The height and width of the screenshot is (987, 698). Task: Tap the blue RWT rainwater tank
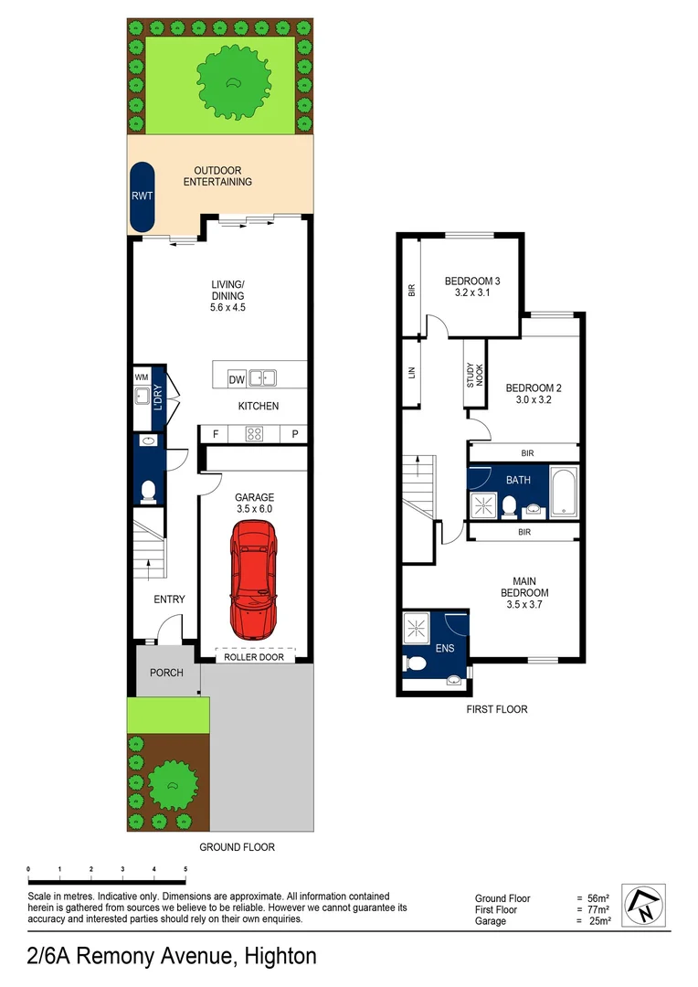click(142, 196)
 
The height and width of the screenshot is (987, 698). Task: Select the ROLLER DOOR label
click(253, 657)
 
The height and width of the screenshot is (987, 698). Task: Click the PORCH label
click(166, 673)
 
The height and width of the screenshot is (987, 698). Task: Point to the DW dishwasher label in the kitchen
click(236, 379)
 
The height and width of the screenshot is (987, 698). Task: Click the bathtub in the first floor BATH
click(563, 492)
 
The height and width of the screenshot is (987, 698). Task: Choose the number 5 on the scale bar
click(185, 869)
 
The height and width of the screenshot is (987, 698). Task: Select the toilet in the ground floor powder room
click(148, 493)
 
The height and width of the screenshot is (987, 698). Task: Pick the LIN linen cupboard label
click(410, 372)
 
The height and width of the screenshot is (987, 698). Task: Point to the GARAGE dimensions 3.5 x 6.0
click(253, 509)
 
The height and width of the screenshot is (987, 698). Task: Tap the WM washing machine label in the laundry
click(142, 377)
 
